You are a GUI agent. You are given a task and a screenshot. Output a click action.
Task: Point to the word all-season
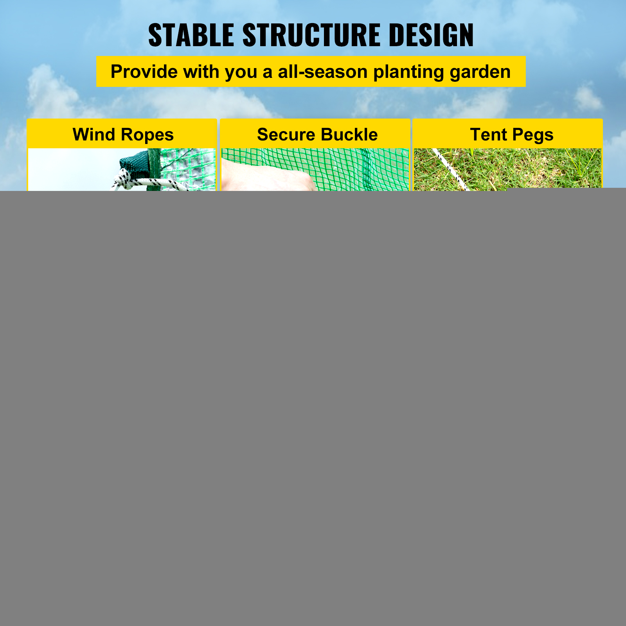tap(323, 72)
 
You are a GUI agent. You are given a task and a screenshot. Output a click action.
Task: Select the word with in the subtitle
tap(201, 72)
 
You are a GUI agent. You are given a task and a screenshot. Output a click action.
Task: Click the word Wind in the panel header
tap(94, 135)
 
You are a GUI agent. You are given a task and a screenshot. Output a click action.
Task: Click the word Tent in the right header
tap(488, 135)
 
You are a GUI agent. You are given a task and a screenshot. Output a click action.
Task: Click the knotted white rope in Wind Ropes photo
tap(149, 181)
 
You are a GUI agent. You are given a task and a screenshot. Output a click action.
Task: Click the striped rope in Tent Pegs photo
tap(450, 169)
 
